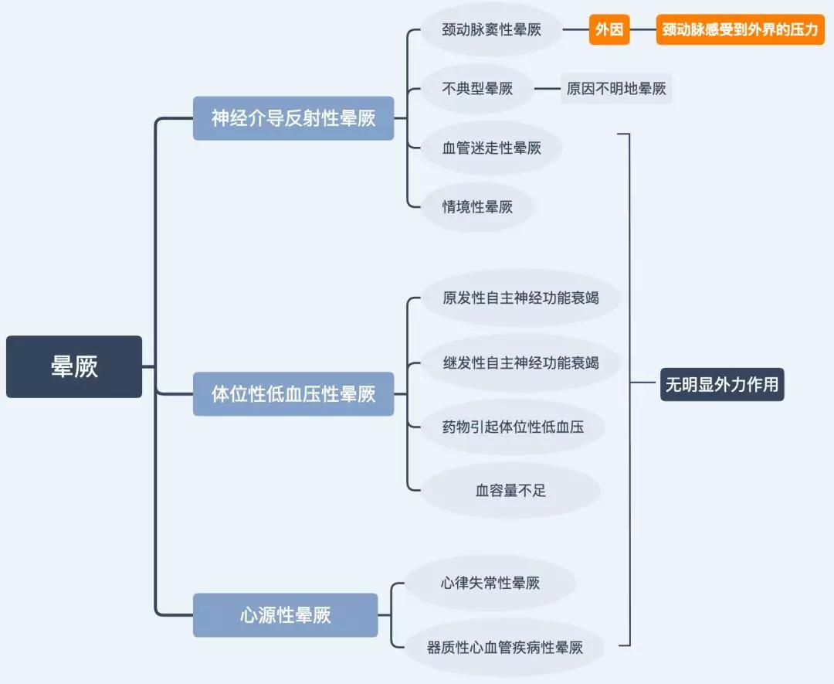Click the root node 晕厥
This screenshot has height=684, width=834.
pyautogui.click(x=74, y=366)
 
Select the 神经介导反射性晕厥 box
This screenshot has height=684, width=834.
pyautogui.click(x=293, y=118)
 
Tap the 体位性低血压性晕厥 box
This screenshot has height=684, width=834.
pyautogui.click(x=293, y=393)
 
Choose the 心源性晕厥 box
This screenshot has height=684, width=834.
pyautogui.click(x=285, y=615)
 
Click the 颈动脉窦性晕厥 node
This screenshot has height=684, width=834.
pyautogui.click(x=491, y=30)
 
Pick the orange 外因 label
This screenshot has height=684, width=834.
pyautogui.click(x=609, y=30)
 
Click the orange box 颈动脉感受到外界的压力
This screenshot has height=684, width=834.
pyautogui.click(x=740, y=30)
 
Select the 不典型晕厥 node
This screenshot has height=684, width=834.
pyautogui.click(x=477, y=89)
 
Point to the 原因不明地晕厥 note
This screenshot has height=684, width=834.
pyautogui.click(x=616, y=89)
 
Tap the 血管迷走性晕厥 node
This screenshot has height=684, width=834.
pyautogui.click(x=491, y=148)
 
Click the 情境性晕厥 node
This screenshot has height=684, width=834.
pyautogui.click(x=477, y=206)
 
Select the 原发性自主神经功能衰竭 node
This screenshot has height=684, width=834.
pyautogui.click(x=520, y=298)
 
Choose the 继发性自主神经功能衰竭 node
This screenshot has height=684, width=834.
pyautogui.click(x=520, y=362)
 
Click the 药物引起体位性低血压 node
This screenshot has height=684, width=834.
pyautogui.click(x=513, y=426)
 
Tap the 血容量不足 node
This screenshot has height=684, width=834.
pyautogui.click(x=510, y=490)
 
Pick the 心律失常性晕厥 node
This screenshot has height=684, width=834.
pyautogui.click(x=490, y=583)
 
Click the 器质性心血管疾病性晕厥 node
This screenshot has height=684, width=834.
pyautogui.click(x=504, y=648)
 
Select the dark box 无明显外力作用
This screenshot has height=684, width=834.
pyautogui.click(x=722, y=384)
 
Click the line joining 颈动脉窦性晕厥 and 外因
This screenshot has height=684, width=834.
pyautogui.click(x=575, y=30)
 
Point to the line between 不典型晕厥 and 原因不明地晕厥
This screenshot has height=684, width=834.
pyautogui.click(x=548, y=89)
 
